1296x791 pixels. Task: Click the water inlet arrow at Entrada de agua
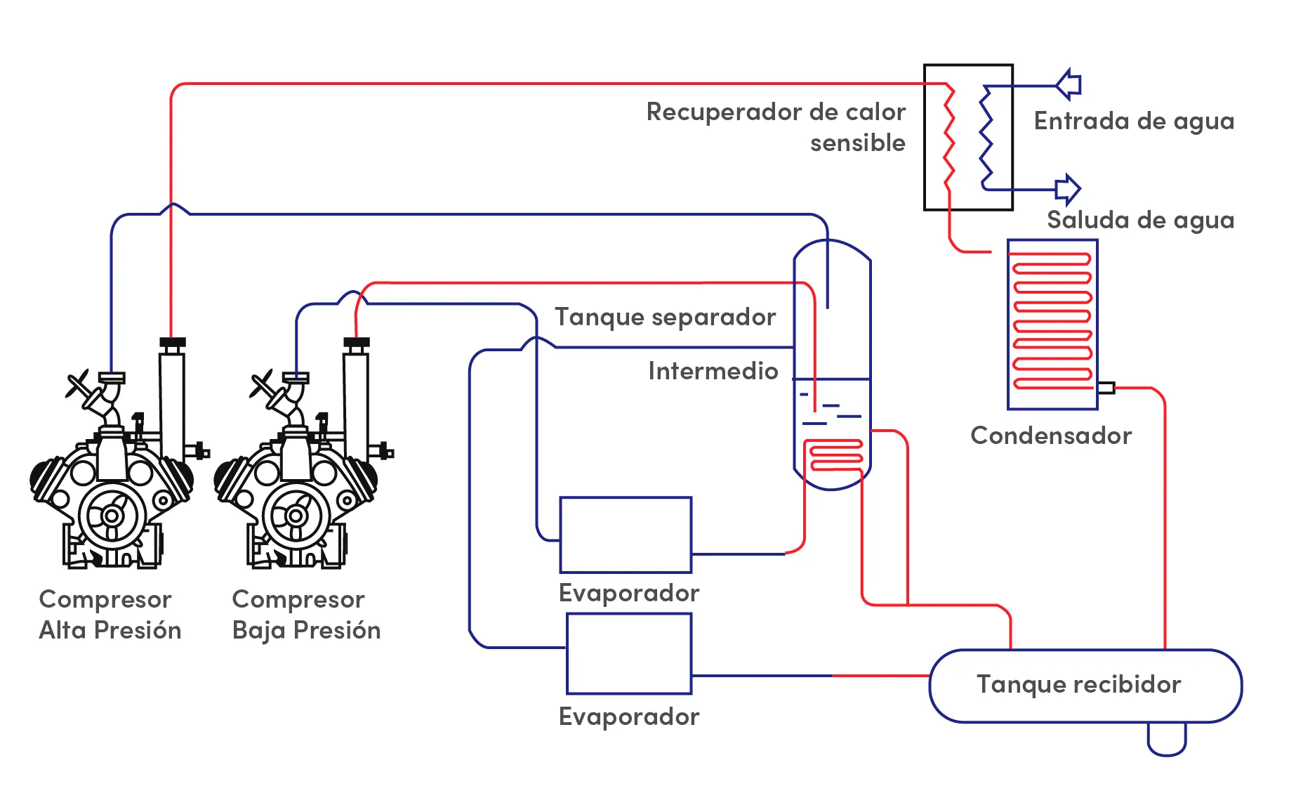[1069, 85]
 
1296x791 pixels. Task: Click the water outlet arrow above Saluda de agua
[1068, 189]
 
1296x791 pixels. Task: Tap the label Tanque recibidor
[1078, 684]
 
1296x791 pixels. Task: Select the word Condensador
[1051, 436]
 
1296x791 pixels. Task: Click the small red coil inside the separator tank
[834, 456]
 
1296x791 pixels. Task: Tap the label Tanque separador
[666, 317]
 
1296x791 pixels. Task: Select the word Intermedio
[713, 371]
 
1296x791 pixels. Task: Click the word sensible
[858, 143]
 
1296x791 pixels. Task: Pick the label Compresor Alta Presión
[110, 615]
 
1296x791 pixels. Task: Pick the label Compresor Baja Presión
[306, 615]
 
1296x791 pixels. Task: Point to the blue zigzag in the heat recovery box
[986, 138]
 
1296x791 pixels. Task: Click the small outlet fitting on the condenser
[1106, 388]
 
